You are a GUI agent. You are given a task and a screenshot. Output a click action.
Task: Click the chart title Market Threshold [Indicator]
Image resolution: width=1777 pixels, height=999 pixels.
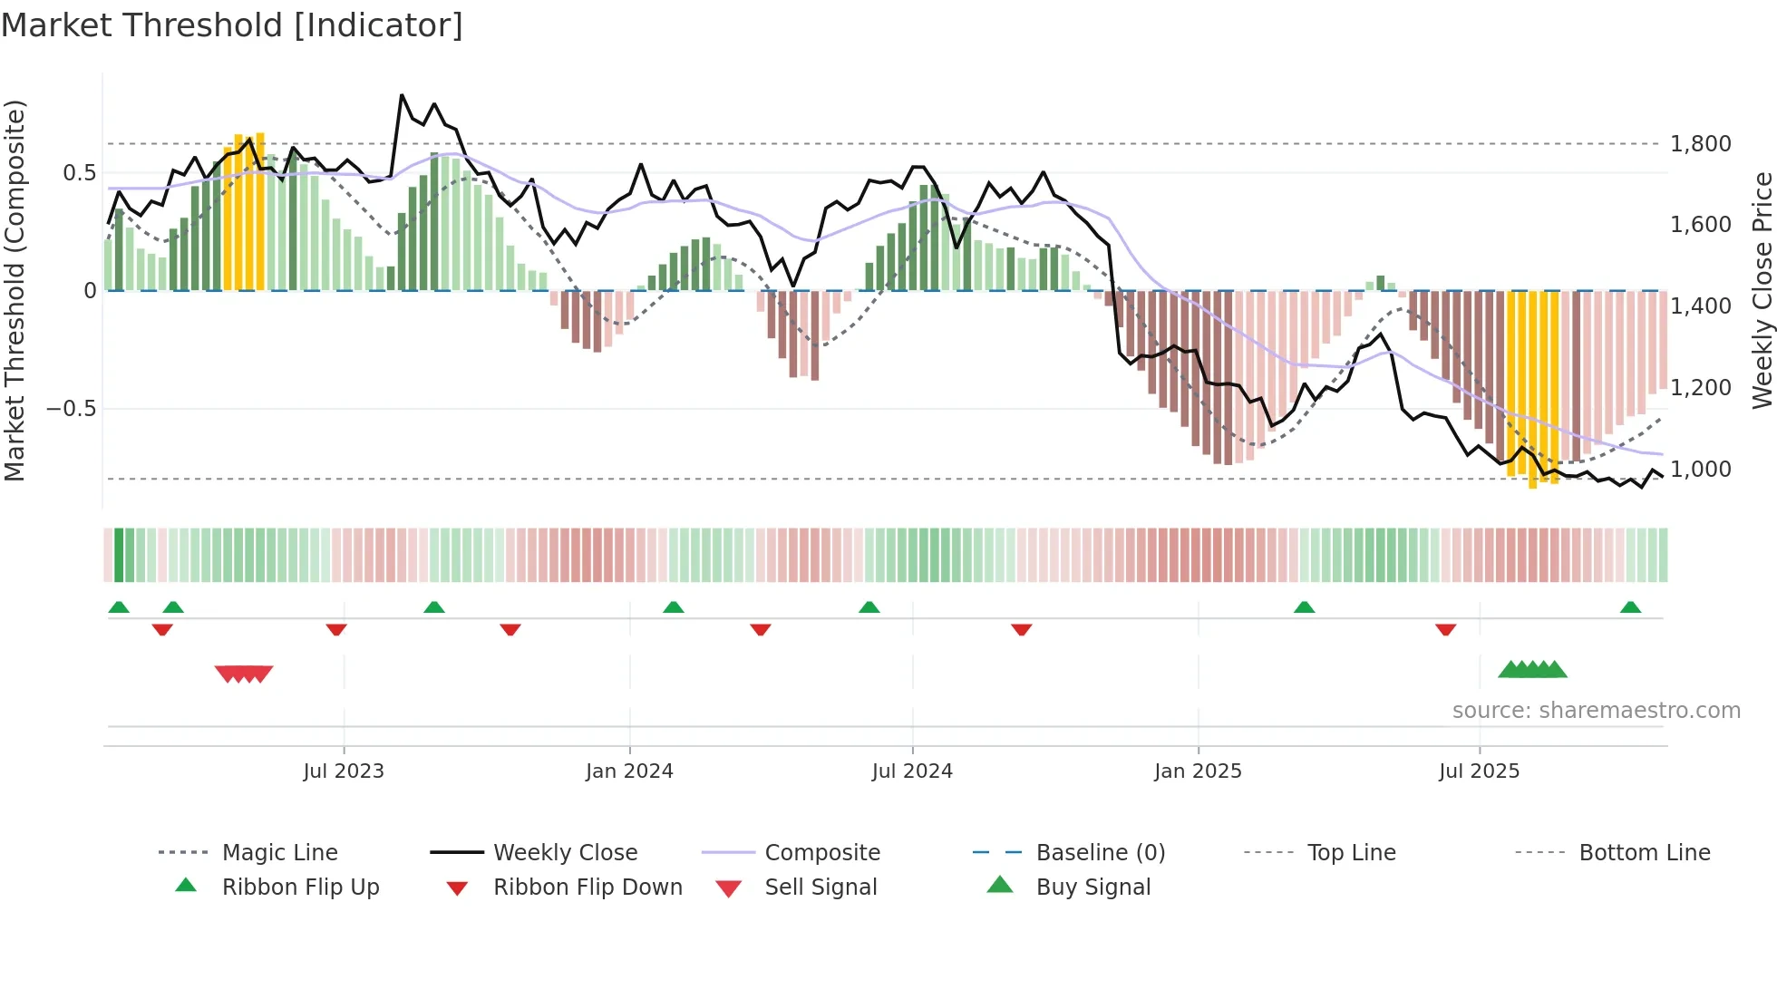coord(232,25)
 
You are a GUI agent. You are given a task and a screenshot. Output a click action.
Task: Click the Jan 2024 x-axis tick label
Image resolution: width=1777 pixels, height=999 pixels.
coord(629,771)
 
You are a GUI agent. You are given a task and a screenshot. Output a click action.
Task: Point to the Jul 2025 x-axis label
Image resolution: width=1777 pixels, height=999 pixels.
coord(1479,771)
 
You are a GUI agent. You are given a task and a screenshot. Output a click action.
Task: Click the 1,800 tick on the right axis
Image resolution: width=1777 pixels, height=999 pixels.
coord(1700,144)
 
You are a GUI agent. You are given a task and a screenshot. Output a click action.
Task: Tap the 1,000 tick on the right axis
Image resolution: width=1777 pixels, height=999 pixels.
coord(1700,470)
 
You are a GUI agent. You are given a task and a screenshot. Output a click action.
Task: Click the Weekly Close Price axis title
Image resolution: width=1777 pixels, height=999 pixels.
coord(1762,290)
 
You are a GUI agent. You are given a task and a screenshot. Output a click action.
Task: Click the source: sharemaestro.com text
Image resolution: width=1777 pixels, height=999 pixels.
coord(1596,711)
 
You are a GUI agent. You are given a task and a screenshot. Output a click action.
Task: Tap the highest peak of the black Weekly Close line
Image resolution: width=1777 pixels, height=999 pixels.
coord(402,95)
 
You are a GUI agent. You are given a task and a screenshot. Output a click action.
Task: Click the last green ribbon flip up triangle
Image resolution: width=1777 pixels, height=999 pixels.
coord(1630,607)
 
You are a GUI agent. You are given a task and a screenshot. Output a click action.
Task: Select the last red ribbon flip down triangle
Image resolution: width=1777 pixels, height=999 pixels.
coord(1445,629)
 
